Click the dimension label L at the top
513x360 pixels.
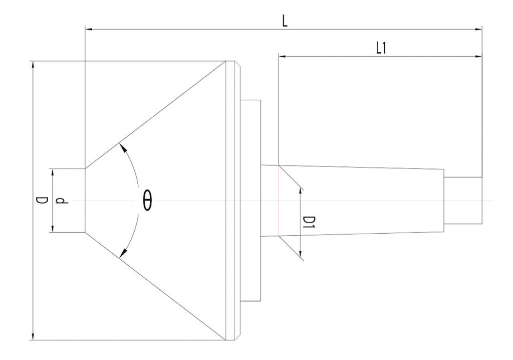pos(285,22)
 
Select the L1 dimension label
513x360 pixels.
pos(381,49)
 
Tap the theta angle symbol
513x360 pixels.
pos(147,201)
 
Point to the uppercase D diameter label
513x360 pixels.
pos(41,201)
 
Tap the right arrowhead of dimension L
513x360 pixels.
pos(478,30)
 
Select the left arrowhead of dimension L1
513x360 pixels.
pos(282,56)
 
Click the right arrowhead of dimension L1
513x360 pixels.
pos(478,56)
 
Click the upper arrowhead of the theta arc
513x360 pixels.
pos(123,147)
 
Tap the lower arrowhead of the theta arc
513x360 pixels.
pos(123,253)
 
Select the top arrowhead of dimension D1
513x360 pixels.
pos(301,192)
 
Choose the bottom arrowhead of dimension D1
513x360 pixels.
pos(301,253)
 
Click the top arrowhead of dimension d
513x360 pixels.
pos(52,172)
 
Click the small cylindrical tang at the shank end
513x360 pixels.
pos(463,201)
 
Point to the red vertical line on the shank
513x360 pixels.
pos(279,201)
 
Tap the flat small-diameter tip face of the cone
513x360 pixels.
pos(85,201)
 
